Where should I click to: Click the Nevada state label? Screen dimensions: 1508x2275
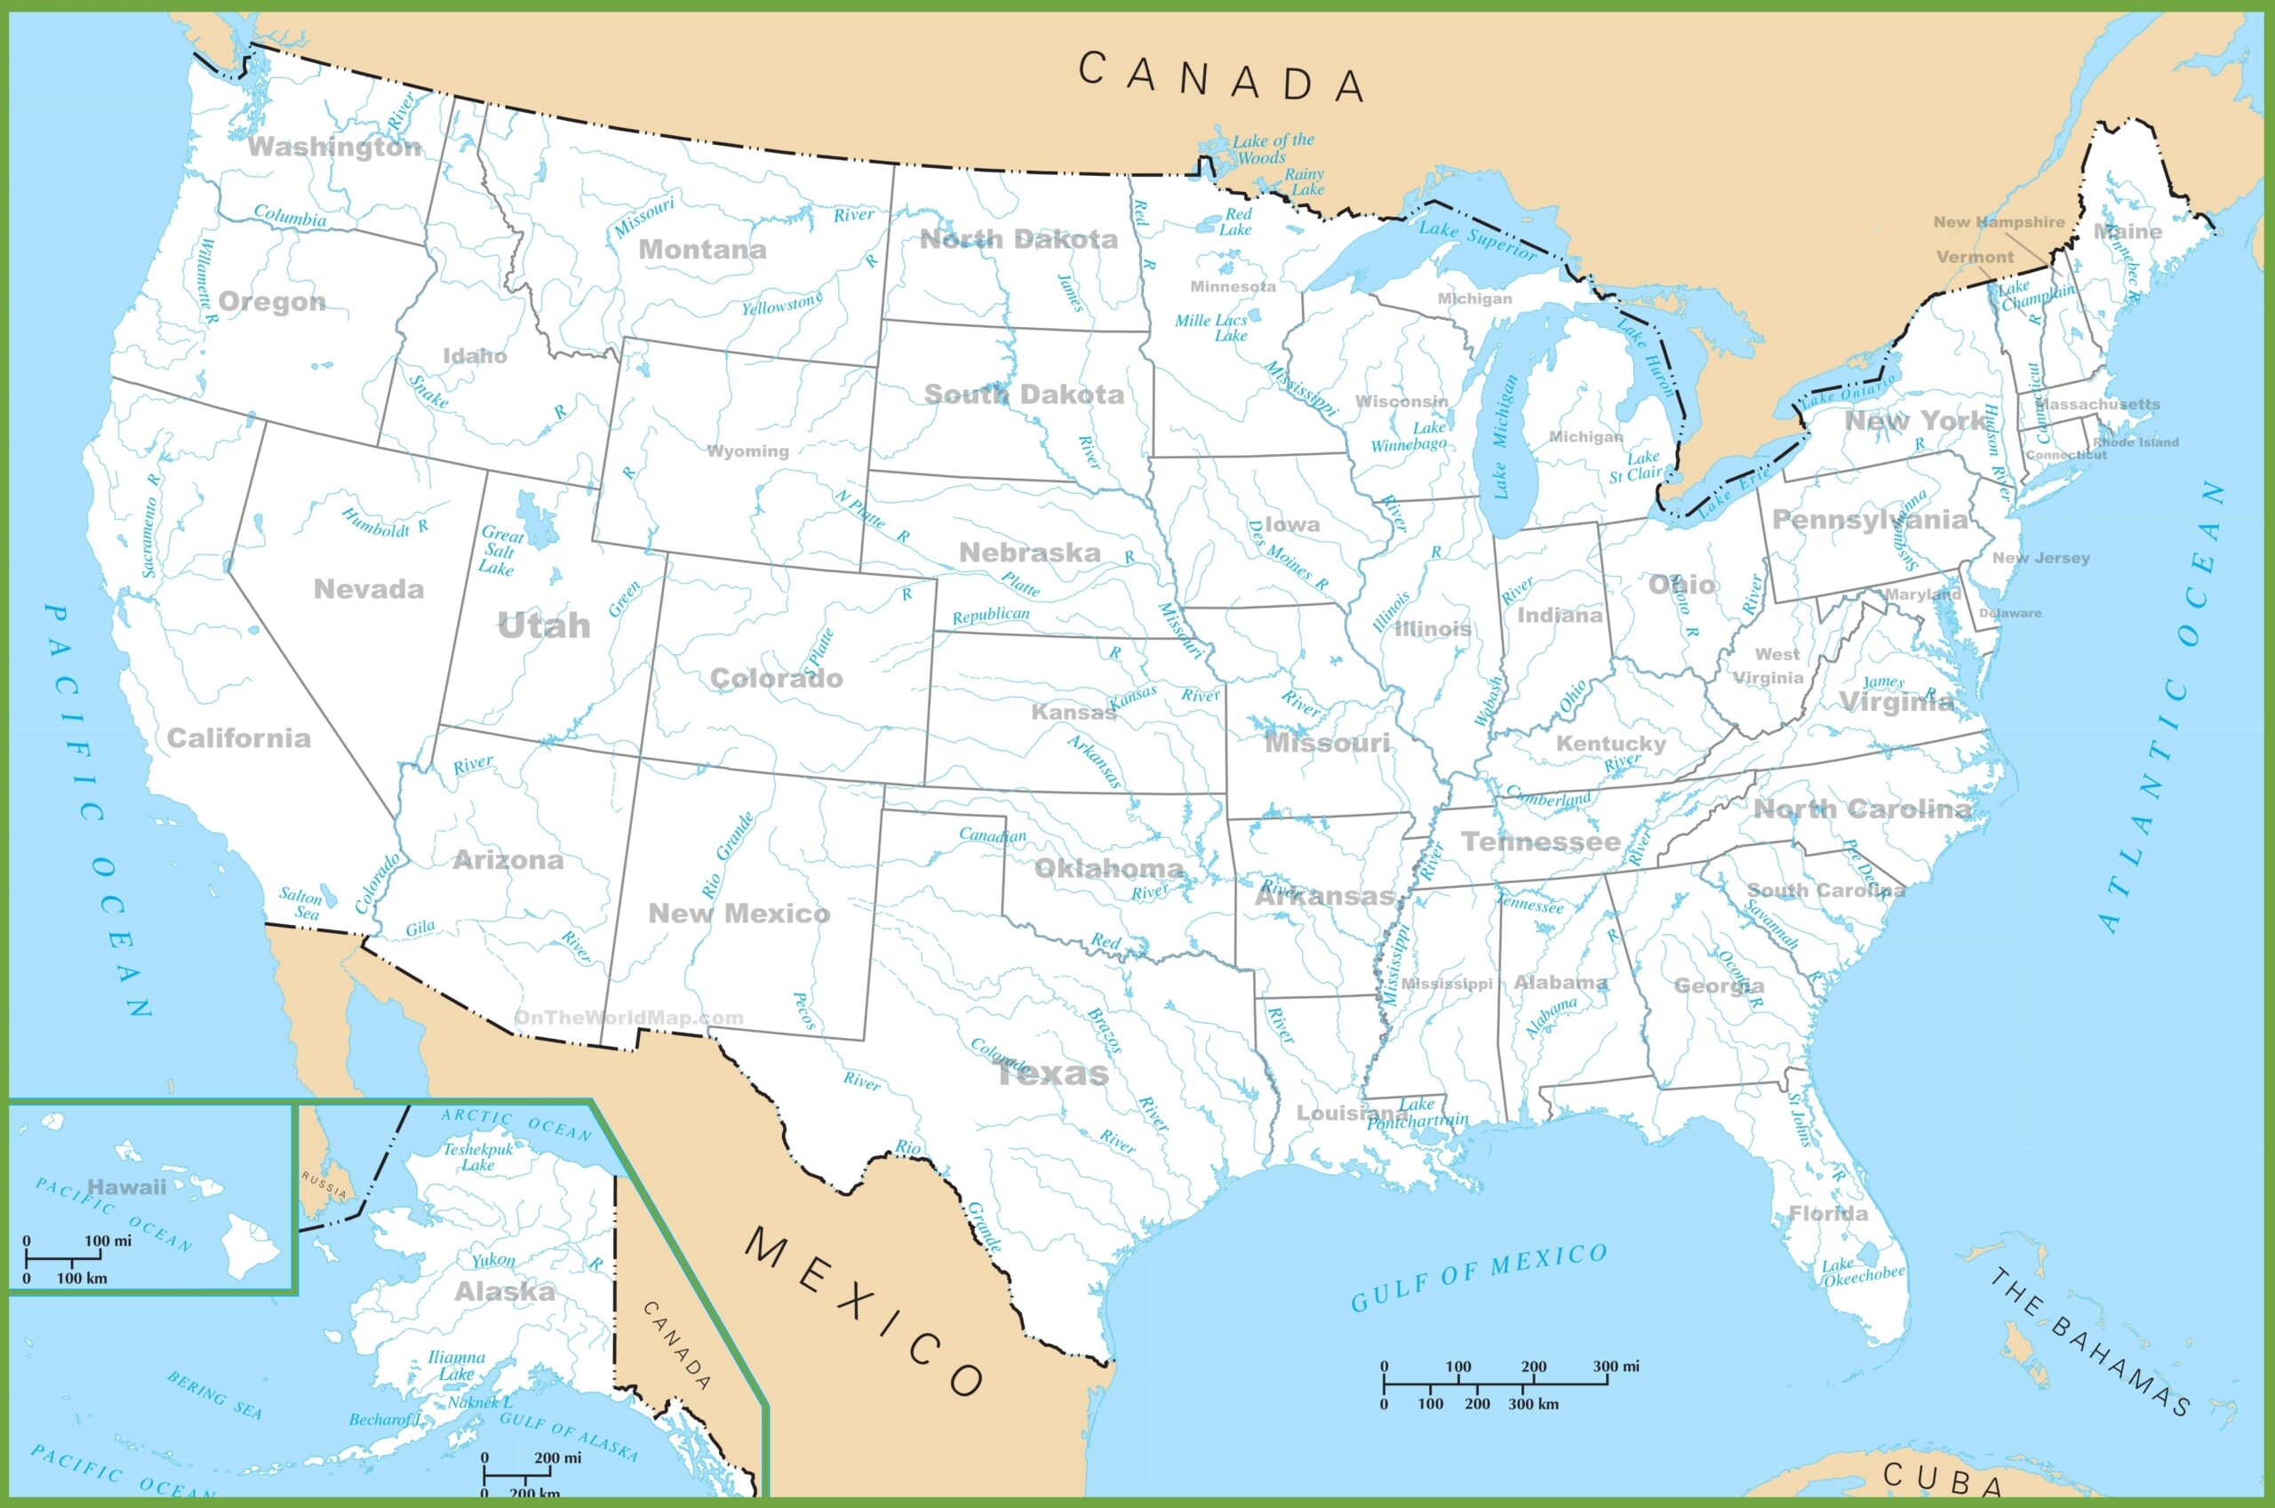coord(368,588)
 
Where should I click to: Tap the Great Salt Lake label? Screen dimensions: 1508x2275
coord(500,550)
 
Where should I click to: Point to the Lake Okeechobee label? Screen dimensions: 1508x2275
coord(1862,1272)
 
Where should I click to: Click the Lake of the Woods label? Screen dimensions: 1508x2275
coord(1271,148)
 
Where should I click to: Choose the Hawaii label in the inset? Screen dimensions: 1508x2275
coord(127,1187)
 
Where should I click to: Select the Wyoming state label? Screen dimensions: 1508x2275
coord(748,451)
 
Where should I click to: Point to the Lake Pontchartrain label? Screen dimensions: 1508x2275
coord(1417,1112)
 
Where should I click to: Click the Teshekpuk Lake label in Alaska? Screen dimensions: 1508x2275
coord(478,1156)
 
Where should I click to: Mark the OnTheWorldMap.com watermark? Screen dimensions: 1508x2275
coord(629,1017)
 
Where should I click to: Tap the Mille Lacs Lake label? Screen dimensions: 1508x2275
coord(1213,327)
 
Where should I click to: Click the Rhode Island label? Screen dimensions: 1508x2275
coord(2135,443)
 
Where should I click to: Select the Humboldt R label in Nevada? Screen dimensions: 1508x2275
coord(385,523)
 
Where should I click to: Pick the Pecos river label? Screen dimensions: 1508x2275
coord(804,1010)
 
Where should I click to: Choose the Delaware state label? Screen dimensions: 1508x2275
coord(2009,612)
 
